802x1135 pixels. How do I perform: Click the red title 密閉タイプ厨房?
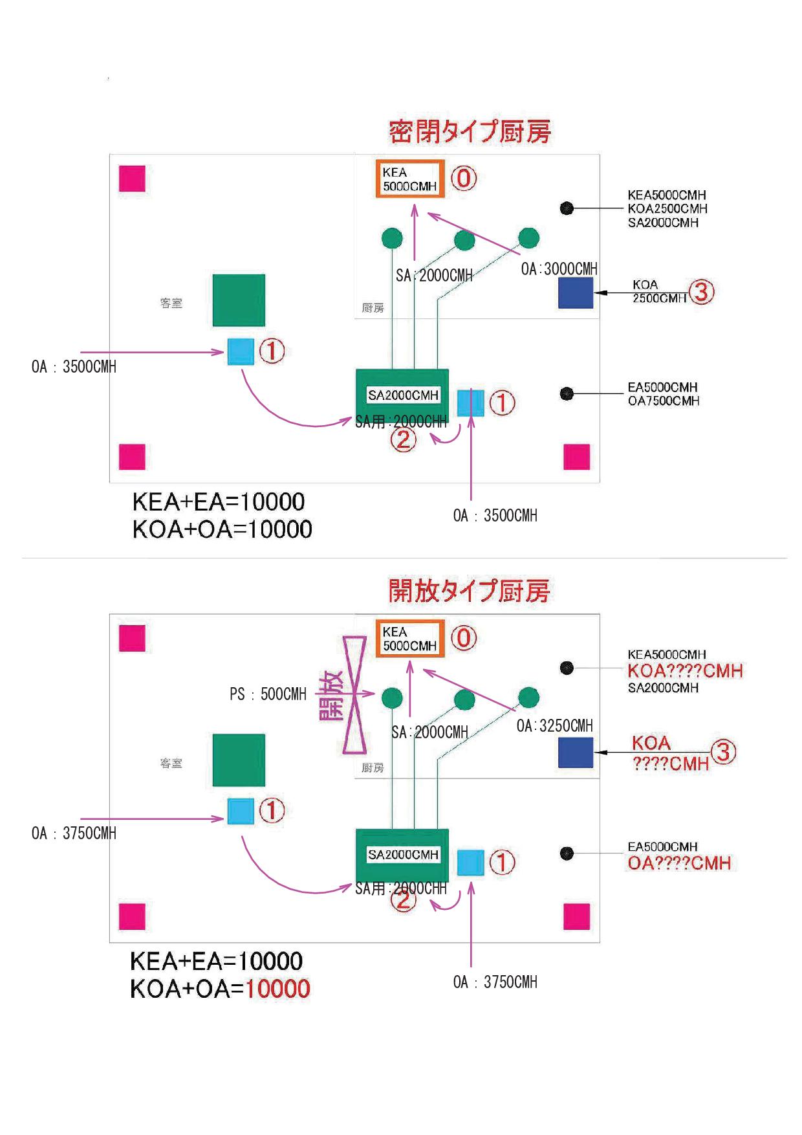(x=470, y=132)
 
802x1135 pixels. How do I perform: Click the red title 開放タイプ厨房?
(x=469, y=591)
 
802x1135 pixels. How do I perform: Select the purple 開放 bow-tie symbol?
(x=354, y=695)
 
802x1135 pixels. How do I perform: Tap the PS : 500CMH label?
(x=268, y=694)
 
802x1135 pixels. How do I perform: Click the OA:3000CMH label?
(x=559, y=269)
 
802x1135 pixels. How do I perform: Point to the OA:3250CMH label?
(x=554, y=725)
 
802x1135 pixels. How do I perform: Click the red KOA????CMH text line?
(x=685, y=671)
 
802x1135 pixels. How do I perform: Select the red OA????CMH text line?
(x=679, y=863)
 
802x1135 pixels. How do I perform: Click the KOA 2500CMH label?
(x=658, y=291)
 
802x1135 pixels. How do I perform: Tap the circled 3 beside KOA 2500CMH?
(x=701, y=292)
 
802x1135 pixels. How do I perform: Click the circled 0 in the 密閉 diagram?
(x=463, y=178)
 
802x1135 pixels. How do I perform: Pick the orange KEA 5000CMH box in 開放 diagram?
(x=411, y=639)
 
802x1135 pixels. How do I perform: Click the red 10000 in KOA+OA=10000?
(x=278, y=989)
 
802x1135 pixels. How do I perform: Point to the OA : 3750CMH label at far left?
(x=74, y=833)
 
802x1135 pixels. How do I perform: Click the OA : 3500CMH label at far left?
(x=74, y=367)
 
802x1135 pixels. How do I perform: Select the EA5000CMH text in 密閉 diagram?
(x=662, y=387)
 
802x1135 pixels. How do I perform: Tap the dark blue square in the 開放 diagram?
(x=576, y=753)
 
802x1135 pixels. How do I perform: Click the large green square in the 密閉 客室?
(x=239, y=300)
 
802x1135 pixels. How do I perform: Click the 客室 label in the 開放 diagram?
(x=171, y=764)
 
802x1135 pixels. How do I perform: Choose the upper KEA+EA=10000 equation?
(x=219, y=502)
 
